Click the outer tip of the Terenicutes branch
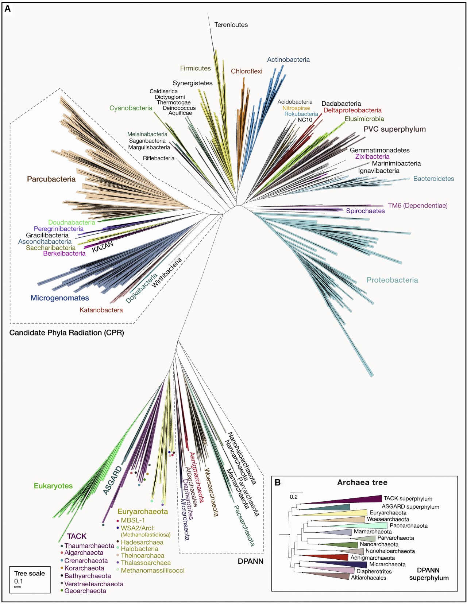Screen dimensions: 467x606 [x=208, y=13]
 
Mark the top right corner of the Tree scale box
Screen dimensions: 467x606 [x=50, y=566]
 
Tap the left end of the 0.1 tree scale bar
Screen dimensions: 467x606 [x=15, y=587]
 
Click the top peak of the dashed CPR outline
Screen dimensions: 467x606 [x=59, y=89]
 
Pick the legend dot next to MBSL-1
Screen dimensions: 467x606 [x=118, y=521]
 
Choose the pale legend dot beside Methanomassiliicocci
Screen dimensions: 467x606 [x=118, y=570]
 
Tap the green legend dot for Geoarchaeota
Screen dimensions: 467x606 [x=62, y=590]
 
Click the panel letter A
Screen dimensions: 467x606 [x=8, y=9]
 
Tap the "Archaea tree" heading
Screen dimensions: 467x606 [x=362, y=482]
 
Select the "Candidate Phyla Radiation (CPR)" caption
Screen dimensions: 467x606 [x=67, y=333]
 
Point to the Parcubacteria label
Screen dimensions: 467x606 [x=51, y=179]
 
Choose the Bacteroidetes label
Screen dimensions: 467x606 [x=433, y=179]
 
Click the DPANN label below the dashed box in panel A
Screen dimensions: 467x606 [x=251, y=562]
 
